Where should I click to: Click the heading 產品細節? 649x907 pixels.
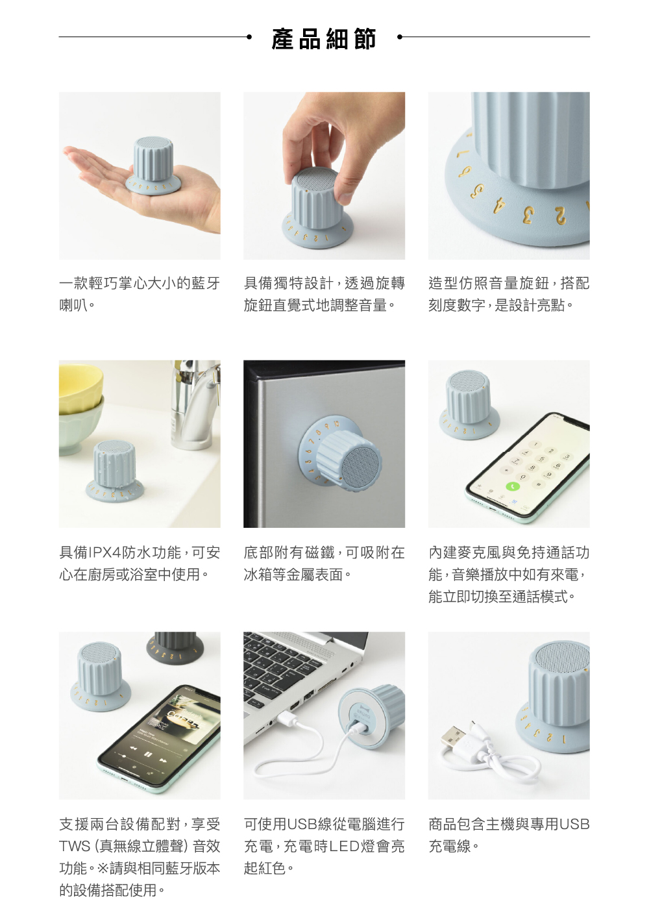pos(324,39)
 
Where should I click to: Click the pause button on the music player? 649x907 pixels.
pos(148,754)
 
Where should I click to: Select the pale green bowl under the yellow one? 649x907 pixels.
pos(79,427)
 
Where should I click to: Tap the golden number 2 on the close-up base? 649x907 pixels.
pos(559,216)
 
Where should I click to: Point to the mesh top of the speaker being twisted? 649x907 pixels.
pos(315,180)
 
